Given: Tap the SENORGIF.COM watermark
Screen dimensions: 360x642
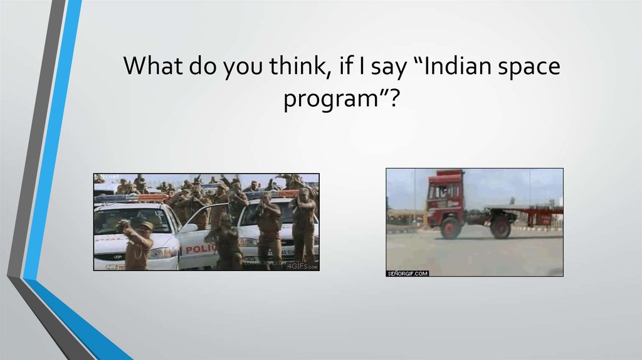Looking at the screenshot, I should tap(408, 273).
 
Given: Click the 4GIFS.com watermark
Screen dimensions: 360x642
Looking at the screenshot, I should tap(303, 266).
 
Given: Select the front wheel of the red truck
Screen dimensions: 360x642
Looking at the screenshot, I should tap(450, 227).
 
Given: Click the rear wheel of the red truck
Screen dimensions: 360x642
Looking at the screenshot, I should tap(500, 227).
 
